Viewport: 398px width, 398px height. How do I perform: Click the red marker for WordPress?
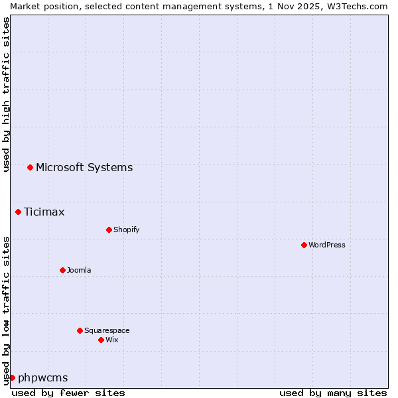pos(304,245)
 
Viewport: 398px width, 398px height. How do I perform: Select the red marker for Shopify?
pos(109,230)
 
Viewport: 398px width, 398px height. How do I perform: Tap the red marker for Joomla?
pos(62,270)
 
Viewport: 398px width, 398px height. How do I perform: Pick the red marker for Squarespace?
pos(80,330)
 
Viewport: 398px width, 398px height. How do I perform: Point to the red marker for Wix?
pos(101,340)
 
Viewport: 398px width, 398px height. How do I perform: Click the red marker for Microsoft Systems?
pos(30,167)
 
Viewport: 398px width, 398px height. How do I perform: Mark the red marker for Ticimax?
pos(18,212)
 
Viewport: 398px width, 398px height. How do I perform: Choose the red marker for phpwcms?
pos(12,377)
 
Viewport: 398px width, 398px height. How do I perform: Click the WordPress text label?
pos(327,245)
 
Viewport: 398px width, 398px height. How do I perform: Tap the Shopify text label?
pos(127,230)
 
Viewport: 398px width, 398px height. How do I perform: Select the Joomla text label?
pos(79,270)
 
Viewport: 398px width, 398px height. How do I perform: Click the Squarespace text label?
pos(107,330)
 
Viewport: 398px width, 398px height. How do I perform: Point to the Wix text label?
pos(112,340)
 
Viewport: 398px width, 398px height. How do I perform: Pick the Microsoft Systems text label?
pos(84,167)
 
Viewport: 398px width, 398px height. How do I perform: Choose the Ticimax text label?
pos(44,212)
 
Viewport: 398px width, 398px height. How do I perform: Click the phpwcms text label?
pos(43,377)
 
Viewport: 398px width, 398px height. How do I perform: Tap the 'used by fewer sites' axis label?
pos(68,393)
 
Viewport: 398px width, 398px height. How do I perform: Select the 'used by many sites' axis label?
pos(333,393)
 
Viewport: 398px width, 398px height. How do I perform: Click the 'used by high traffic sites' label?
pos(6,94)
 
